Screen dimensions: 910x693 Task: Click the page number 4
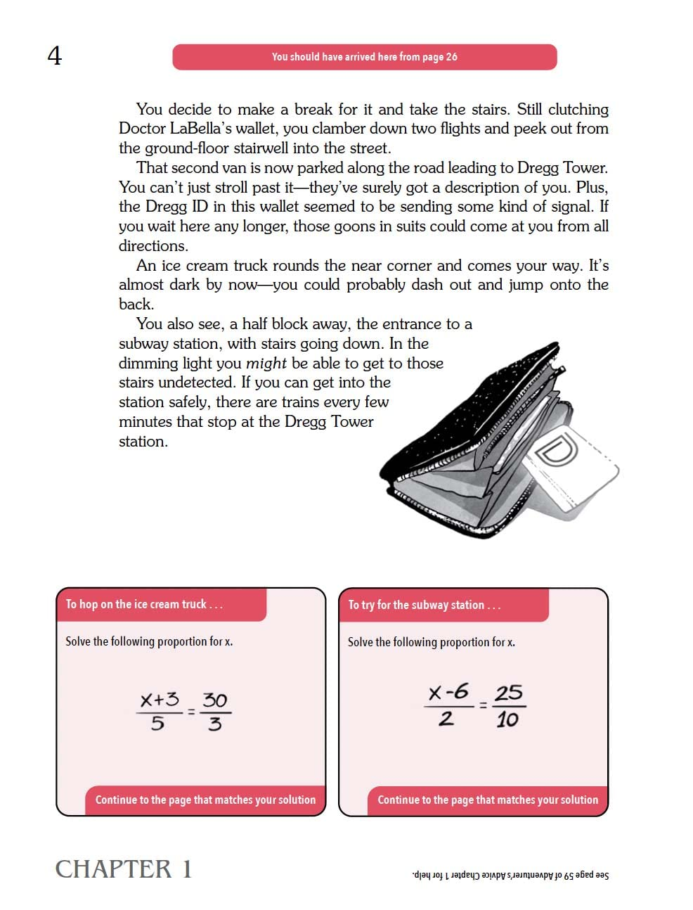tap(54, 56)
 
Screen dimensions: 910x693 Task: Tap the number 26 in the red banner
tap(451, 57)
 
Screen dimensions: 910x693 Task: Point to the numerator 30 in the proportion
tap(214, 700)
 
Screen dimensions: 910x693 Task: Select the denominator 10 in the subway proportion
tap(507, 719)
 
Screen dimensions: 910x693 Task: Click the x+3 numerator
tap(160, 700)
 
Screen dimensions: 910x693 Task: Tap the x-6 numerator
tap(448, 692)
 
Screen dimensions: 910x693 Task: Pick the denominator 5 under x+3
tap(157, 723)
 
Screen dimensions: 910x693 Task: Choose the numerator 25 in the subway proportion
tap(508, 693)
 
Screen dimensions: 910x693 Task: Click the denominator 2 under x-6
tap(446, 719)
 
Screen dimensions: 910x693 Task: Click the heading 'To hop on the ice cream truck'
tap(144, 604)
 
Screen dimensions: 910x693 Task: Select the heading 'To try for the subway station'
tap(425, 605)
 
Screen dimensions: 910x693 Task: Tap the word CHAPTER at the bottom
tap(113, 869)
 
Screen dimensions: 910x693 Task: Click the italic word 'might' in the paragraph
tap(266, 364)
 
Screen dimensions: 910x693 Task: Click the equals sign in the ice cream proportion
tap(190, 711)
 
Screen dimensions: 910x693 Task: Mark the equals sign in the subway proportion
tap(483, 704)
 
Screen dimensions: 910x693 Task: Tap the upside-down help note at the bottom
tap(510, 876)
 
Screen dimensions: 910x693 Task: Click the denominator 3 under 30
tap(215, 724)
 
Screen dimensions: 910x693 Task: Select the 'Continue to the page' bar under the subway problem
tap(488, 800)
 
